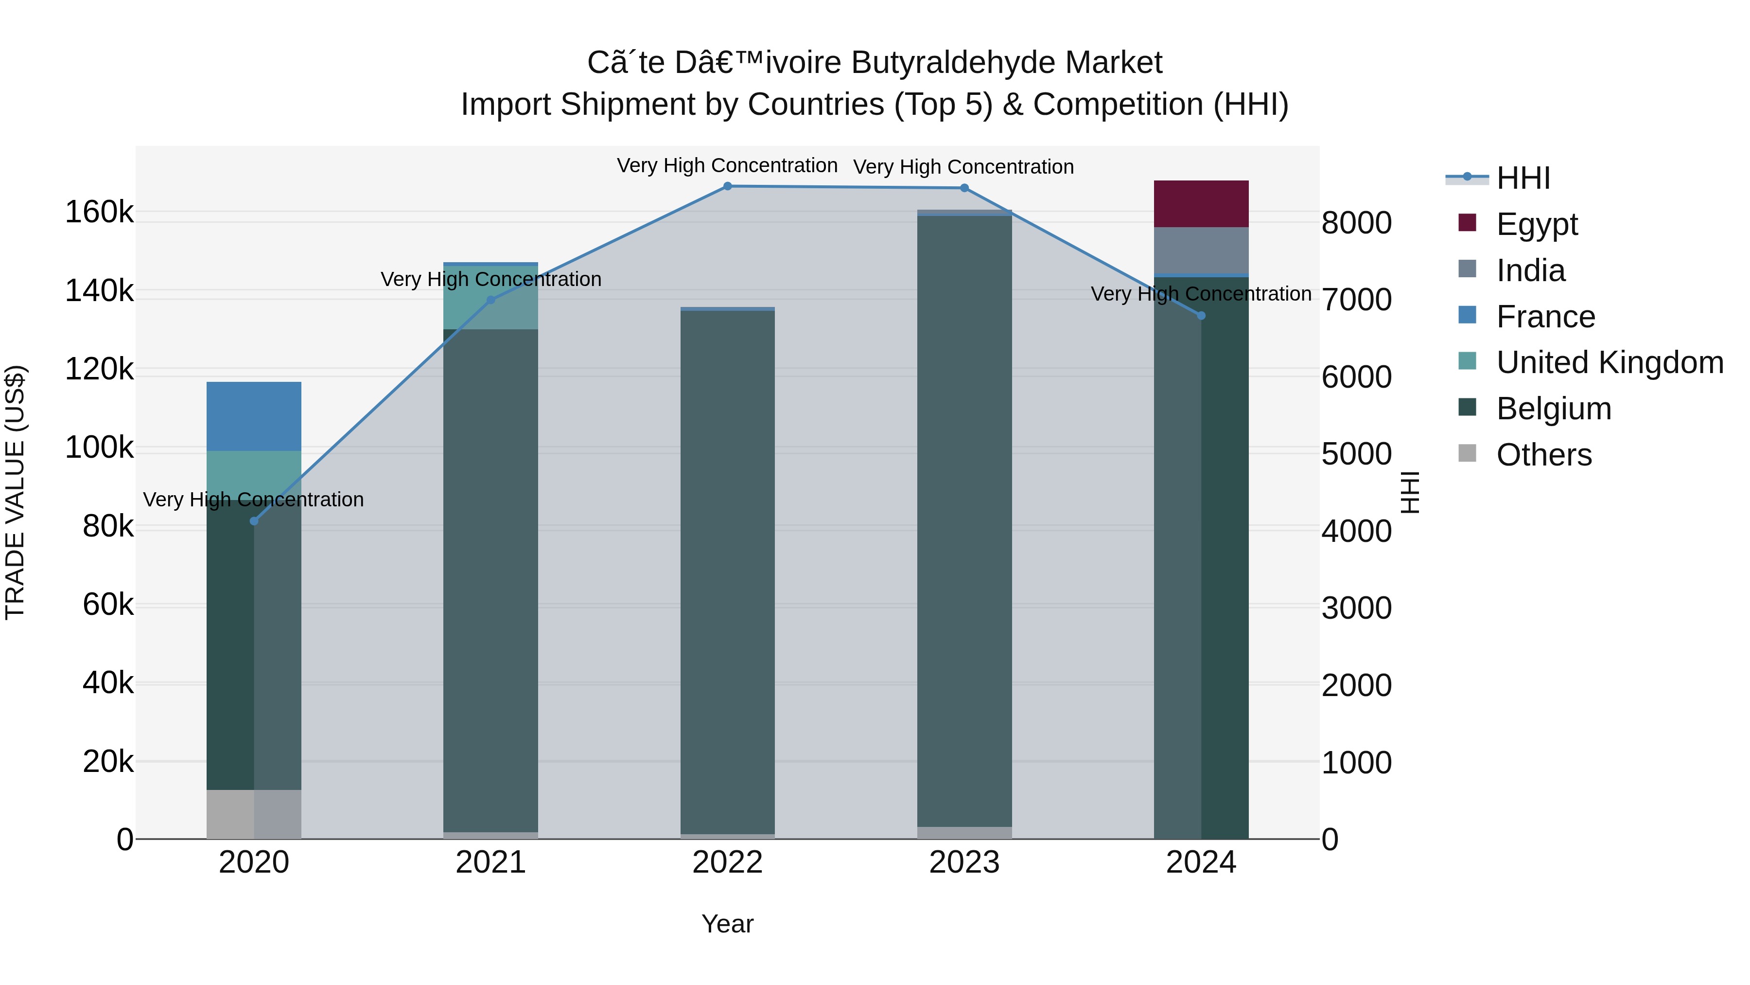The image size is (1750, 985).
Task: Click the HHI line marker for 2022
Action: pos(728,186)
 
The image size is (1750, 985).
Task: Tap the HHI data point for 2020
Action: pos(254,521)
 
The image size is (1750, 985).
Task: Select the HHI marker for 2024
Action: pos(1201,315)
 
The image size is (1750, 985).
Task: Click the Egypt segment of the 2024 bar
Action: pos(1201,204)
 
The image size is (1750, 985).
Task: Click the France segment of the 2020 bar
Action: pos(254,416)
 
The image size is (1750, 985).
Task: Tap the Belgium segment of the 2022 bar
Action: pos(728,571)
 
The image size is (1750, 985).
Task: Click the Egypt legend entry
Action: pos(1537,224)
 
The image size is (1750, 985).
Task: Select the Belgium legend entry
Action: pos(1554,409)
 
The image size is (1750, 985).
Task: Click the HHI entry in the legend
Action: pos(1523,178)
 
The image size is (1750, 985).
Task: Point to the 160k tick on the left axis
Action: pos(99,212)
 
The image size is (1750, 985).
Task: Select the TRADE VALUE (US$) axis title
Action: pos(15,492)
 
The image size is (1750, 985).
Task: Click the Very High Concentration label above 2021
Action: pos(490,279)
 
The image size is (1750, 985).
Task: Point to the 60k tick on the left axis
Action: pos(108,604)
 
